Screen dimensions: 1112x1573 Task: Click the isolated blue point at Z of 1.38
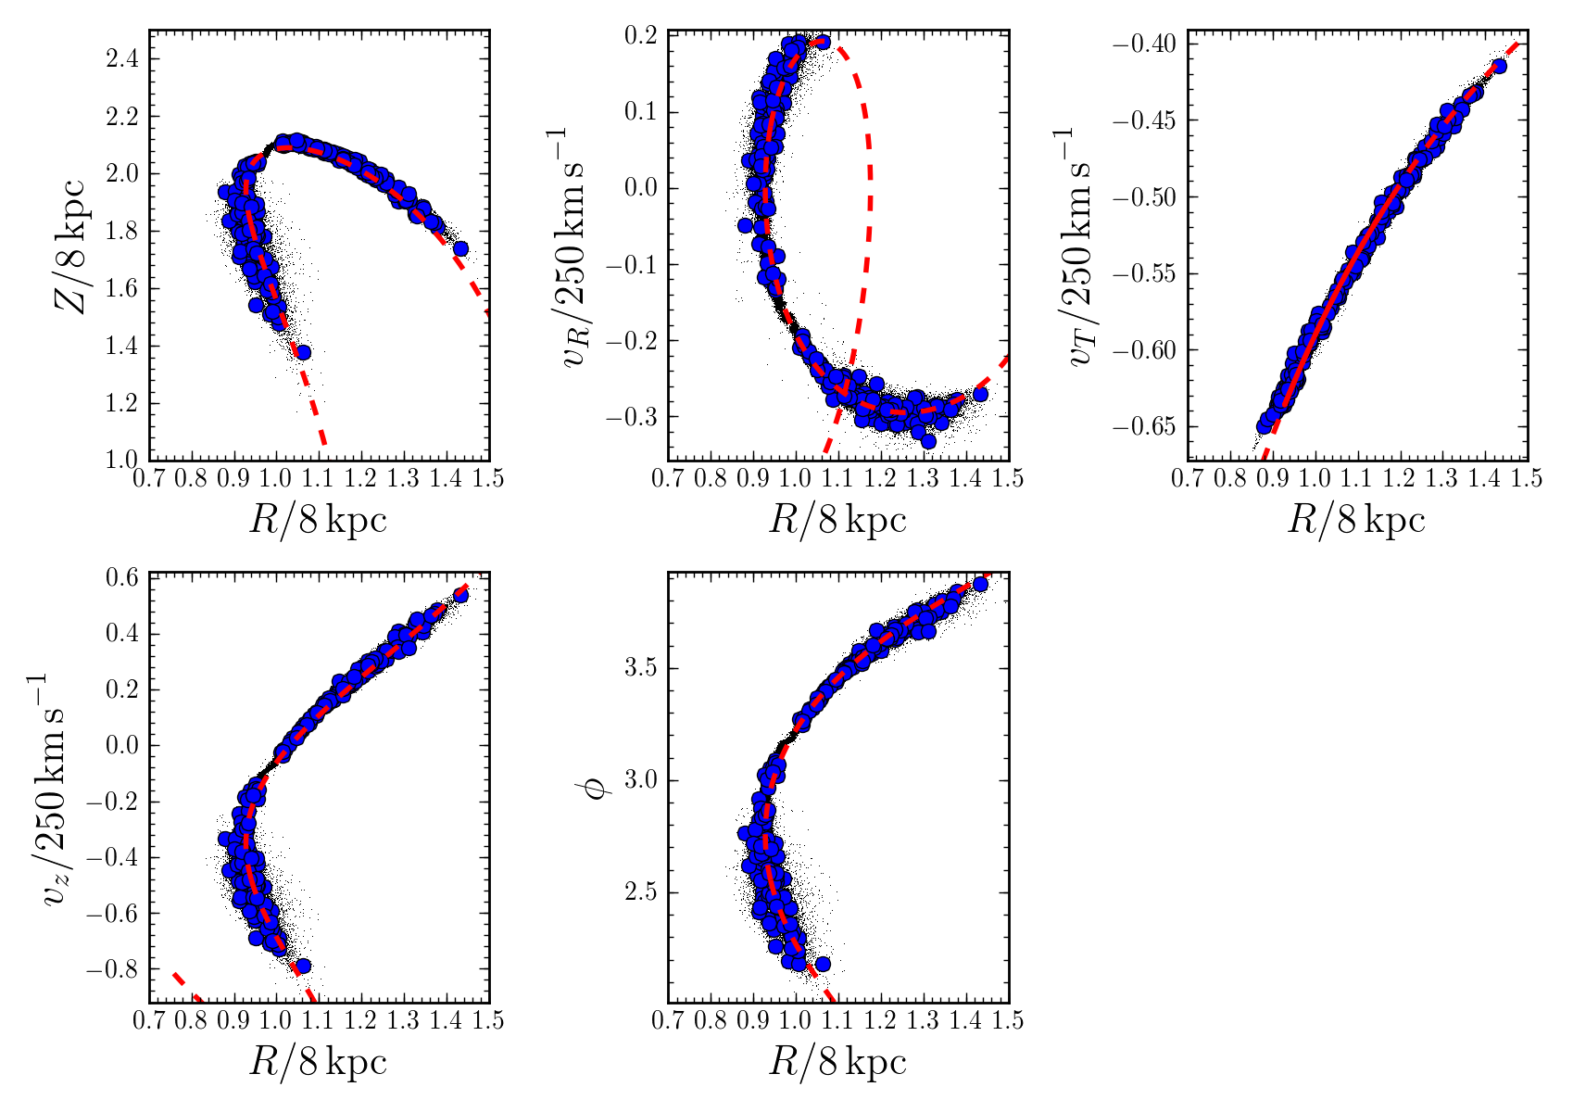(x=302, y=351)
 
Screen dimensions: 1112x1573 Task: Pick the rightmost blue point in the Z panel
(x=460, y=248)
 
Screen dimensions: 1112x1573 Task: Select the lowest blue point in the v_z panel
(x=302, y=966)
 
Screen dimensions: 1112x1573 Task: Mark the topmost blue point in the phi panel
(x=980, y=584)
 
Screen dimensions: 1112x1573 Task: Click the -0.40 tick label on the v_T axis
(x=1149, y=44)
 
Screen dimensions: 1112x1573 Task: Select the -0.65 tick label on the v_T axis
(x=1149, y=427)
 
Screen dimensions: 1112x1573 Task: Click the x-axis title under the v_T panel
(x=1356, y=521)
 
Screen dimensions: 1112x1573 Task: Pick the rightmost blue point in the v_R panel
(x=980, y=394)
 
